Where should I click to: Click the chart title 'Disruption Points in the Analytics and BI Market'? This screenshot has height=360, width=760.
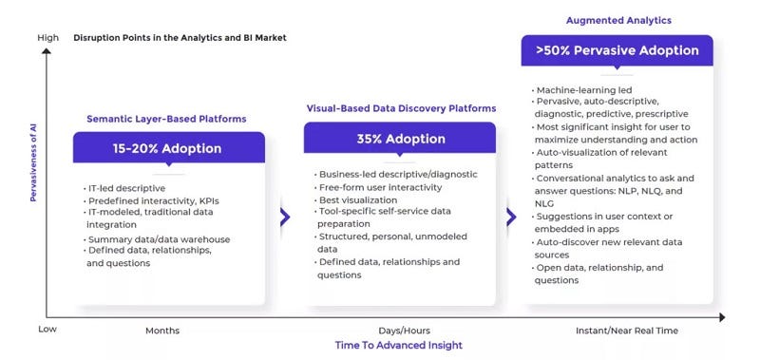pos(180,37)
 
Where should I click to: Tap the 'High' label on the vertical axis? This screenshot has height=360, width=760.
pos(47,37)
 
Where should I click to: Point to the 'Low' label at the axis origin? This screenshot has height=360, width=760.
pos(47,329)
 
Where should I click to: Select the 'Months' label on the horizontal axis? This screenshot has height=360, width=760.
pos(161,331)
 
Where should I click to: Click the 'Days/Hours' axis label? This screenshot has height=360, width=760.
pos(400,331)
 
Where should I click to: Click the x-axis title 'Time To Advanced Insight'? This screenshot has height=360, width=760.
pos(398,346)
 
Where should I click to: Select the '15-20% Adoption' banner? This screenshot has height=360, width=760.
pos(168,148)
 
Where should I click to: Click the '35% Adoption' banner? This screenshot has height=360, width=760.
pos(400,138)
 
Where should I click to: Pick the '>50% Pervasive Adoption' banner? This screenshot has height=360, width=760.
pos(617,51)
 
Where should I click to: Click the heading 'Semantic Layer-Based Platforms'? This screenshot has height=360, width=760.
pos(166,119)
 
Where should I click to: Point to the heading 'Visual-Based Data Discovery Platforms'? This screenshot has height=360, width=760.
pos(400,108)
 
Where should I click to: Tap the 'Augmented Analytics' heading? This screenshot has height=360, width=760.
pos(618,20)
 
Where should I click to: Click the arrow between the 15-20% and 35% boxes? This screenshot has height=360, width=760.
pos(284,217)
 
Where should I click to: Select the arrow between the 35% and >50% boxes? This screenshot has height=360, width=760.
pos(512,217)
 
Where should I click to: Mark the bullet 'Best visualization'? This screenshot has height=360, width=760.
pos(358,200)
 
